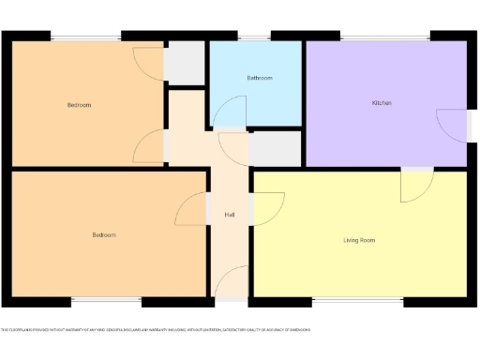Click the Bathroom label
pyautogui.click(x=260, y=78)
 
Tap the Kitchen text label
pyautogui.click(x=382, y=102)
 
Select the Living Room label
pyautogui.click(x=359, y=240)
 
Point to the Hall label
pyautogui.click(x=230, y=215)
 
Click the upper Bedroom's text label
pyautogui.click(x=79, y=105)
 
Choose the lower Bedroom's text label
pyautogui.click(x=104, y=234)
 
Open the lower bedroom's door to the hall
pyautogui.click(x=192, y=208)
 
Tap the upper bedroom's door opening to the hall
pyautogui.click(x=150, y=146)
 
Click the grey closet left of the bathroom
pyautogui.click(x=185, y=64)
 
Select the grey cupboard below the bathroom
pyautogui.click(x=276, y=149)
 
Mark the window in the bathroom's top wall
pyautogui.click(x=252, y=37)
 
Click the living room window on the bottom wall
pyautogui.click(x=357, y=302)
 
